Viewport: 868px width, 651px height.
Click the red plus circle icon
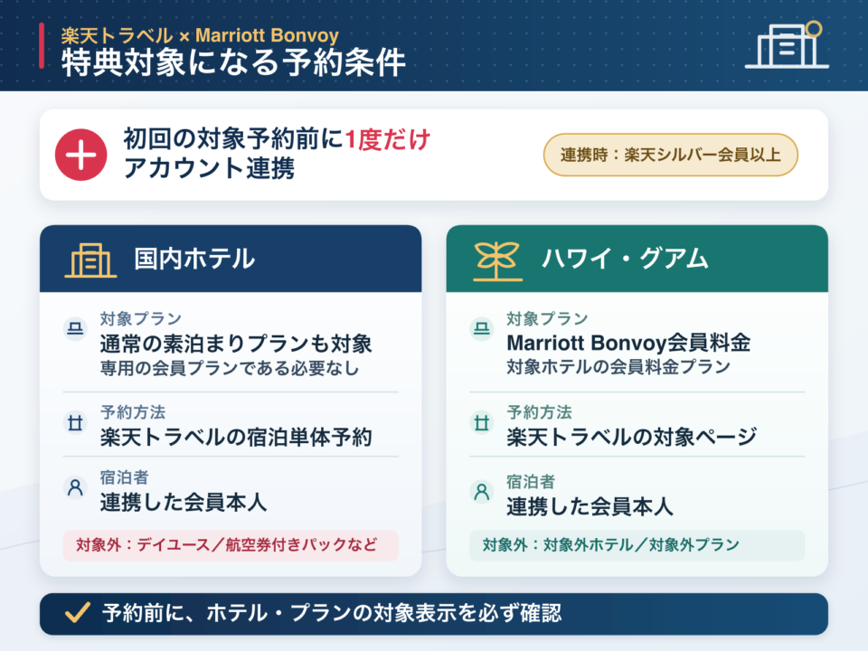[x=80, y=155]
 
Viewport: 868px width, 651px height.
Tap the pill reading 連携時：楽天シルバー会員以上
[x=670, y=155]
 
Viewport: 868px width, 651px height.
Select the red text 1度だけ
[x=388, y=139]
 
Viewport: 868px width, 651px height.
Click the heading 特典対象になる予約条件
[x=233, y=62]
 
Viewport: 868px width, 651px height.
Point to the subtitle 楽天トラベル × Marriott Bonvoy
[x=200, y=35]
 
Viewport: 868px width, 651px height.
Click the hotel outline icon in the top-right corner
[x=788, y=45]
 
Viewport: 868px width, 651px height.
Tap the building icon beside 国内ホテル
[x=90, y=259]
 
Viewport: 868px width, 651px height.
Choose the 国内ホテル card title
[x=194, y=259]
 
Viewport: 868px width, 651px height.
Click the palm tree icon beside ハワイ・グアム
[x=497, y=260]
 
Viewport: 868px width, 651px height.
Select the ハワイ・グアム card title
[x=625, y=259]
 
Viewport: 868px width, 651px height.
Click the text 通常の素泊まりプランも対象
[x=236, y=344]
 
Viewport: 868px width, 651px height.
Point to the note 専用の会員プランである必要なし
[x=229, y=368]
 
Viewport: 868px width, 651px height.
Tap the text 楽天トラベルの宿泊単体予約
[x=236, y=438]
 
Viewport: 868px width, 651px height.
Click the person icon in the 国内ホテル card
[x=75, y=487]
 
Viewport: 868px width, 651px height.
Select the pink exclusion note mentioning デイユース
[x=231, y=545]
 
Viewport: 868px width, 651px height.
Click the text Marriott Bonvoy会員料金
[x=629, y=344]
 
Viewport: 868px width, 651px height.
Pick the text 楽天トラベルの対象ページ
[x=632, y=438]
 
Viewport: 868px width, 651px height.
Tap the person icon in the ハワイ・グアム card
[x=482, y=492]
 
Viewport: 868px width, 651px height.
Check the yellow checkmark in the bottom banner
[x=78, y=613]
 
